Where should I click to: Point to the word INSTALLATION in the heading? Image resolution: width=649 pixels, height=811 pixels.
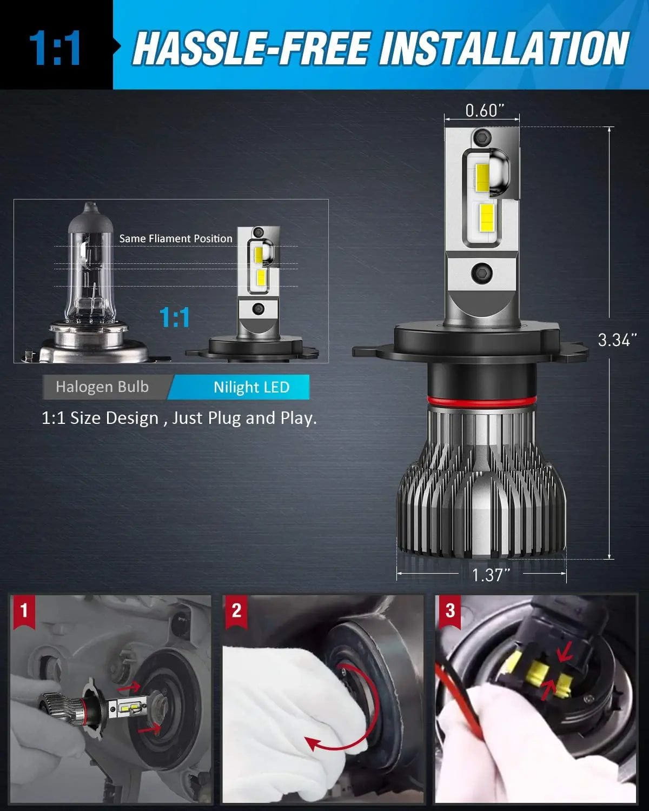tap(504, 48)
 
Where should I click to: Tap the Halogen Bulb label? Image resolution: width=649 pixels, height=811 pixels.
tap(102, 387)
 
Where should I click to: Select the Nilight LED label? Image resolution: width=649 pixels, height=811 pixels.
tap(251, 387)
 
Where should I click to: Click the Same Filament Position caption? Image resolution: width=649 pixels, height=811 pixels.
tap(176, 238)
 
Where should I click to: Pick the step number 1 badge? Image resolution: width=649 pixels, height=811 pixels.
tap(23, 611)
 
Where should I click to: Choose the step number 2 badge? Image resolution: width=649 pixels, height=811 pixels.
tap(236, 611)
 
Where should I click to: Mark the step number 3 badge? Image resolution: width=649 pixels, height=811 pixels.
tap(450, 611)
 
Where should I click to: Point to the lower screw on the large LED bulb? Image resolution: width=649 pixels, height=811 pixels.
tap(481, 271)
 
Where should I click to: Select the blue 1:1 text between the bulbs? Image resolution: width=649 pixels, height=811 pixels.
tap(175, 317)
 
